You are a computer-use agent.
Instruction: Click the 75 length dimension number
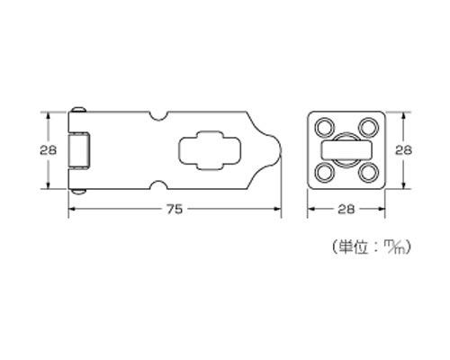point(175,209)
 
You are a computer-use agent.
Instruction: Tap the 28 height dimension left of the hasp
point(48,150)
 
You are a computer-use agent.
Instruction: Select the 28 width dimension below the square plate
point(346,209)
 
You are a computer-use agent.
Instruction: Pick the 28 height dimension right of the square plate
point(403,150)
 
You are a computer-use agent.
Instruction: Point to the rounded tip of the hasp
point(281,150)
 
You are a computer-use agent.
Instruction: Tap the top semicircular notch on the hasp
point(158,116)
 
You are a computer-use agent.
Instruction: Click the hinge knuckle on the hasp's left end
point(79,150)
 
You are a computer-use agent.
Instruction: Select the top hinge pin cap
point(79,110)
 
